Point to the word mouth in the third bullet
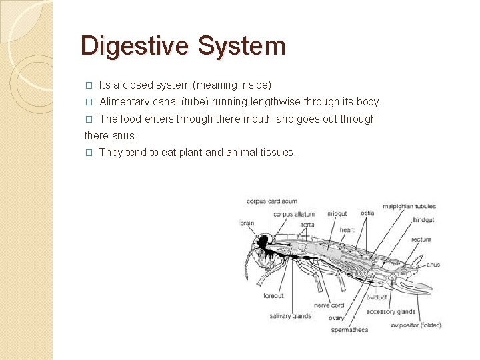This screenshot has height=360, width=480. (259, 119)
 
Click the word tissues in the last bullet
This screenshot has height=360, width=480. (278, 153)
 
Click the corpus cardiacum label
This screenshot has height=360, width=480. (272, 201)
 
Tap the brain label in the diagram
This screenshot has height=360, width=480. (247, 223)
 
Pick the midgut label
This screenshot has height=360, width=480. (337, 214)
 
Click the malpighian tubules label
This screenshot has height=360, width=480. (409, 206)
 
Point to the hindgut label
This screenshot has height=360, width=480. (424, 219)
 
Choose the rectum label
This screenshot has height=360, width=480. (421, 239)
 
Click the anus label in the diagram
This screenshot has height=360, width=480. (433, 265)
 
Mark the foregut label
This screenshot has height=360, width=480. (273, 296)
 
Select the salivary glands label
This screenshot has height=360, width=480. (291, 316)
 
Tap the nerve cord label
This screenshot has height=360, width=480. (329, 305)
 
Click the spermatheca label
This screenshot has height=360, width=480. (349, 329)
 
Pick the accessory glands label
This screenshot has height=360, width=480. (391, 311)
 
